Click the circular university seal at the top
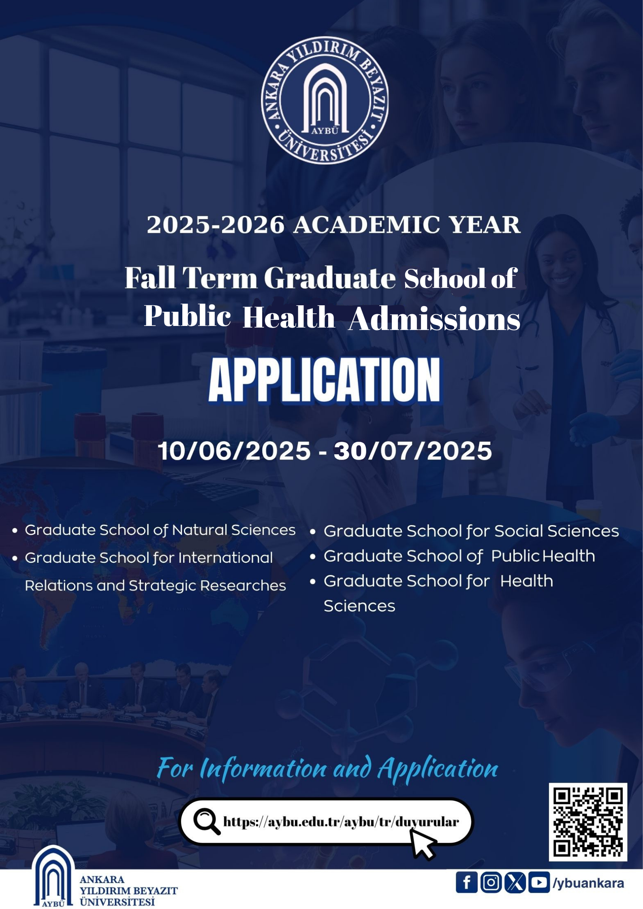(325, 101)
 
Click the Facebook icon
(466, 882)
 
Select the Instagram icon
(491, 882)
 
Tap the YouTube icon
(539, 882)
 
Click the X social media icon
(515, 882)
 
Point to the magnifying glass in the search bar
(206, 822)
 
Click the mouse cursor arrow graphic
(423, 843)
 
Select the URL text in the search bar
(341, 822)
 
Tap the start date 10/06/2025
(234, 451)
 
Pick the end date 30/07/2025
(412, 451)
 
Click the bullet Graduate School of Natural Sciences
(160, 530)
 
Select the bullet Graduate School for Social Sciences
(471, 531)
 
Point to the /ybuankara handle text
(588, 883)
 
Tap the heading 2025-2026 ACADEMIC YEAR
(333, 225)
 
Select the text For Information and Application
(327, 768)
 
